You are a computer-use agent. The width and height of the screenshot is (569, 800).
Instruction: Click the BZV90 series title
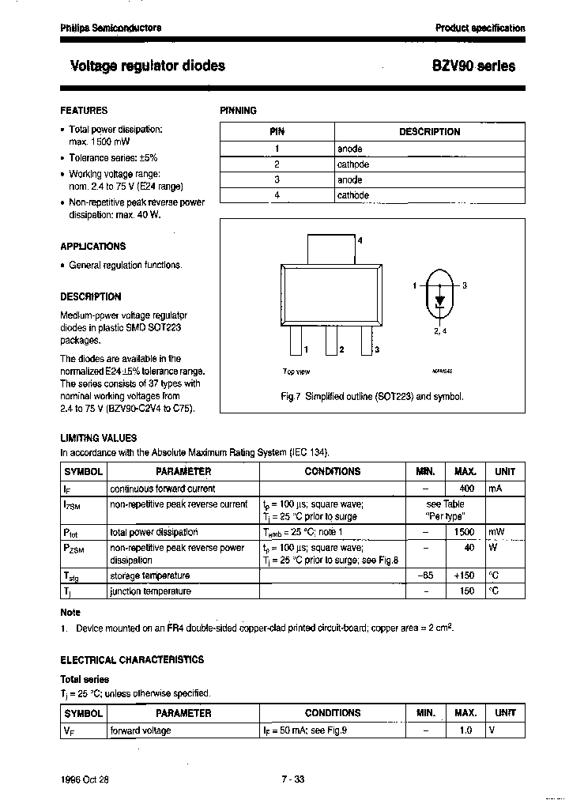(x=473, y=66)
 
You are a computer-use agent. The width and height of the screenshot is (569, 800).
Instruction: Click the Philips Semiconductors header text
(x=111, y=28)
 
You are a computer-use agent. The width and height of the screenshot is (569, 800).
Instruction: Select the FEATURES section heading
(x=84, y=111)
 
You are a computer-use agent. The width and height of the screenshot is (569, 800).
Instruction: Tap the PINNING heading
(x=238, y=111)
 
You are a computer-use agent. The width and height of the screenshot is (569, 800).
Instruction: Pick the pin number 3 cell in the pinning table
(x=277, y=179)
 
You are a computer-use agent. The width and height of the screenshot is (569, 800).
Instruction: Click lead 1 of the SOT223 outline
(x=296, y=342)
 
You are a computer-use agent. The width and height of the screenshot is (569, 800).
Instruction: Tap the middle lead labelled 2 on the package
(x=330, y=342)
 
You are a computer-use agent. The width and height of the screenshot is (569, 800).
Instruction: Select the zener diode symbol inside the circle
(x=440, y=300)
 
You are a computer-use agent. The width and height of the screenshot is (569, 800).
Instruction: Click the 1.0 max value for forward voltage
(x=465, y=730)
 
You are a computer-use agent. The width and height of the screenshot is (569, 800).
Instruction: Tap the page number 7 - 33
(x=292, y=779)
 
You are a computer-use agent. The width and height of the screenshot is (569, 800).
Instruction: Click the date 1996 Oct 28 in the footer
(x=85, y=779)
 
